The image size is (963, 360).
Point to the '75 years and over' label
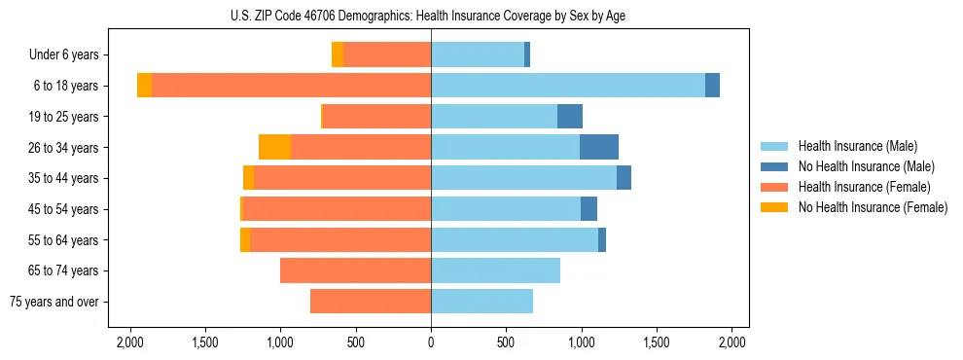click(x=55, y=302)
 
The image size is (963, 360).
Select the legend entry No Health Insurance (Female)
click(x=873, y=207)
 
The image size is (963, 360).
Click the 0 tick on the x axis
click(x=431, y=342)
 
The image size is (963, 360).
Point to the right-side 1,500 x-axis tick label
click(x=657, y=342)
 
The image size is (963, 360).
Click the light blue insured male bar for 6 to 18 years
click(x=568, y=86)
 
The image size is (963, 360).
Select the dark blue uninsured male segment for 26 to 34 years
click(x=599, y=147)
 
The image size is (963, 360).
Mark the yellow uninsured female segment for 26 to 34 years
click(x=275, y=147)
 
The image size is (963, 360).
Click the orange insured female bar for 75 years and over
click(x=371, y=302)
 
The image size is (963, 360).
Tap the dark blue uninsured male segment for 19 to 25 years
click(x=570, y=117)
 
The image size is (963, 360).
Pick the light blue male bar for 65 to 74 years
click(x=495, y=270)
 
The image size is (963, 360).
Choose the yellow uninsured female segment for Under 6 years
click(x=338, y=55)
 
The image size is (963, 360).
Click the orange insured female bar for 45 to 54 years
click(x=337, y=209)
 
